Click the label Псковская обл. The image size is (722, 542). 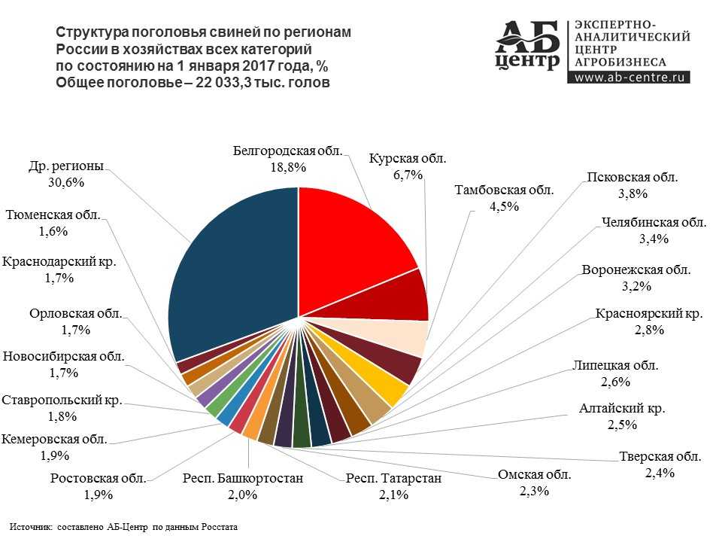632,178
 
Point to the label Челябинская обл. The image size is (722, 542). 654,223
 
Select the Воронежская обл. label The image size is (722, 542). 636,269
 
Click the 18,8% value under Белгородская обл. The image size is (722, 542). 287,168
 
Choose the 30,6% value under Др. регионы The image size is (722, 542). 65,182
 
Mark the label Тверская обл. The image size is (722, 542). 660,456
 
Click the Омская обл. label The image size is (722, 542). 535,475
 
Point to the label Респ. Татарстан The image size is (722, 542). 393,478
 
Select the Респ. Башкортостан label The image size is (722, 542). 243,478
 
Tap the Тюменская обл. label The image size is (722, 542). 53,215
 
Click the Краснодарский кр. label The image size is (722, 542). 63,263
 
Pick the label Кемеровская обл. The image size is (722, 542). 55,439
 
